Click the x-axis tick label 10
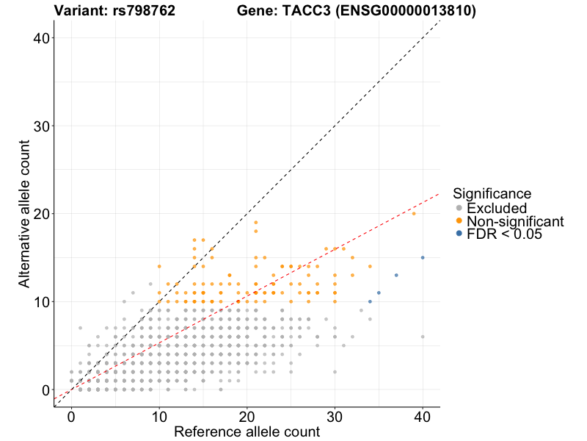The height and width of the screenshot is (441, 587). pos(158,417)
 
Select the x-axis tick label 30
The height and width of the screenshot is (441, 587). pos(335,417)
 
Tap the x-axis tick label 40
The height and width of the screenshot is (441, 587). pos(423,417)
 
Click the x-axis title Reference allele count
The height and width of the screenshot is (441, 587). pos(247,432)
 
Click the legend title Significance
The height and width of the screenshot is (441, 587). pos(492,194)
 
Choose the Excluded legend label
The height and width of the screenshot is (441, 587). pos(497,208)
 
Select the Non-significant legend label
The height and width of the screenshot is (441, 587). pos(515,221)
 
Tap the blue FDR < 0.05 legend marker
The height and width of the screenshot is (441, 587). pos(459,234)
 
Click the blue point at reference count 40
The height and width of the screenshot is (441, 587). pos(423,257)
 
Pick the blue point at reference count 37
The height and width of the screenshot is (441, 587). pos(396,275)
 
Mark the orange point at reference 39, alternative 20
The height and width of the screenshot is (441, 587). pos(414,213)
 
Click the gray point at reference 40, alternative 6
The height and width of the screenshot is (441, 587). pos(423,337)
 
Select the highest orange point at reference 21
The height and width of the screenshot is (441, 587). pos(255,222)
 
